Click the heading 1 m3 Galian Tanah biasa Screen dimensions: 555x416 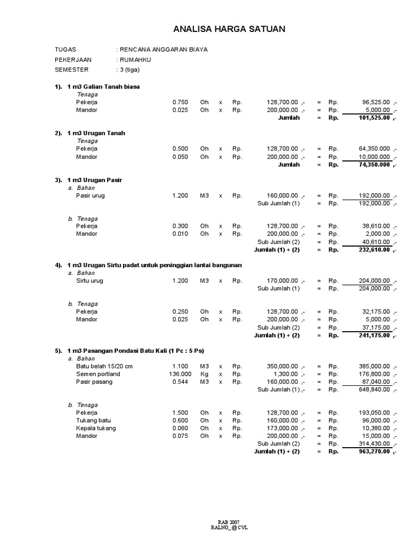click(x=106, y=87)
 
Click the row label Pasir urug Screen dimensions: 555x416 click(x=90, y=196)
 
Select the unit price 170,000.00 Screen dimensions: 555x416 click(x=282, y=281)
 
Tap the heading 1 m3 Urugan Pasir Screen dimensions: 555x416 click(x=98, y=179)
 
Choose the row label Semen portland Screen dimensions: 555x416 click(x=98, y=374)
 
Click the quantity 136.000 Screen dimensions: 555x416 click(x=180, y=374)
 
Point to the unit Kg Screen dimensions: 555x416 click(x=204, y=374)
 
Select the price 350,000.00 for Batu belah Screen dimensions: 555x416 click(x=282, y=366)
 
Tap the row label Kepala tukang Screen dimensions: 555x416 click(x=96, y=428)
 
